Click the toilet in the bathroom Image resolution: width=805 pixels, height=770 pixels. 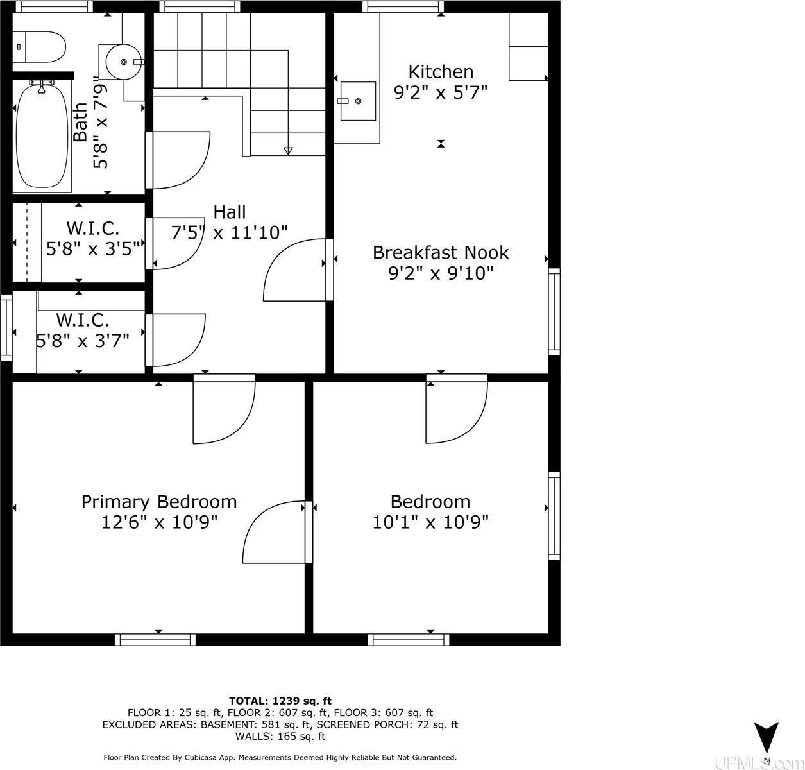(39, 47)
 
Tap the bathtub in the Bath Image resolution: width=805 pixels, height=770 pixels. (42, 135)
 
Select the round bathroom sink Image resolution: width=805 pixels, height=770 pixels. (123, 62)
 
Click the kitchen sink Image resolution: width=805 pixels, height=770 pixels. (358, 101)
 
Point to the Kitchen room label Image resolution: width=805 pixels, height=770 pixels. (441, 72)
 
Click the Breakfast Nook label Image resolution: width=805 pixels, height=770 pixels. (441, 253)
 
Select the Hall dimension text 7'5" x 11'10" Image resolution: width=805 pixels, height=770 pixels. (229, 232)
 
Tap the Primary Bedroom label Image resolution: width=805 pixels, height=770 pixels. (159, 502)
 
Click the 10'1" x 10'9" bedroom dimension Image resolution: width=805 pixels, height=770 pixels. (430, 522)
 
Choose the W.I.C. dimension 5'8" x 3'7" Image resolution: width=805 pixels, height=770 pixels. (83, 341)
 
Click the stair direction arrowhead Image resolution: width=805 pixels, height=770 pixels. (288, 151)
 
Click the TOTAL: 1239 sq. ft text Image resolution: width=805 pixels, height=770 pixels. (280, 701)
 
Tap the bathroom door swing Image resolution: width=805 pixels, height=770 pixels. (178, 160)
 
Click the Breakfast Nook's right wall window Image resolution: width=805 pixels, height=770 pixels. (554, 312)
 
